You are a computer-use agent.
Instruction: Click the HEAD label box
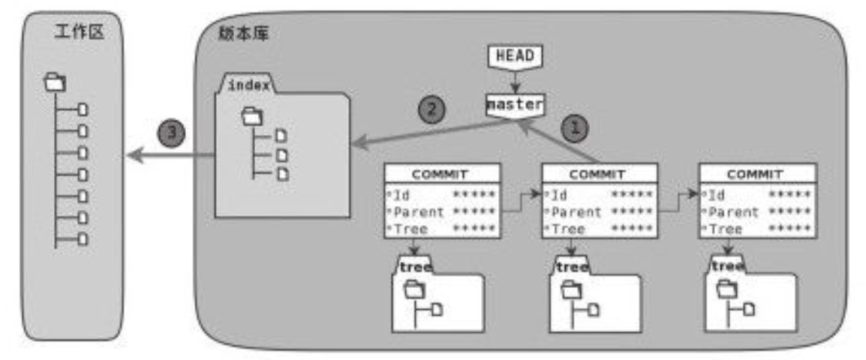coord(514,55)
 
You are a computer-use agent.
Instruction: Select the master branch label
coord(514,105)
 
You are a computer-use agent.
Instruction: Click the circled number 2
coord(431,109)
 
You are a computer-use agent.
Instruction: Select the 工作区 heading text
coord(77,32)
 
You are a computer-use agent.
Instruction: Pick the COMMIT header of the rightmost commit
coord(756,174)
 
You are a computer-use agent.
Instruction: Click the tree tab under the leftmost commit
coord(414,267)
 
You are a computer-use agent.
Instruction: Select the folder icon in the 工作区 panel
coord(55,81)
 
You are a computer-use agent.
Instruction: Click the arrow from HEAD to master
coord(514,79)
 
